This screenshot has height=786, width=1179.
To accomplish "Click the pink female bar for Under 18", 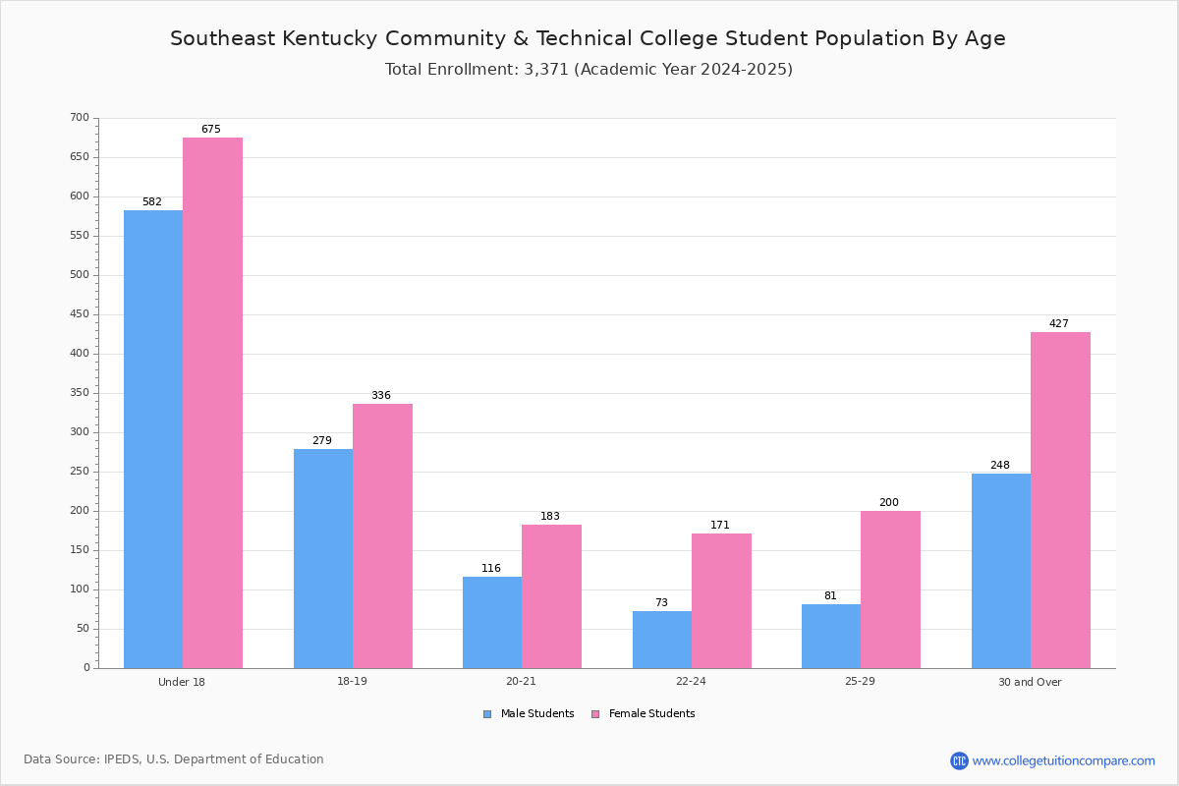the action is click(212, 403).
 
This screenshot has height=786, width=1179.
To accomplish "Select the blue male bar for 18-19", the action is click(323, 559).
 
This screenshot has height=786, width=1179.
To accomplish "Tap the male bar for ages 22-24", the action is click(662, 640).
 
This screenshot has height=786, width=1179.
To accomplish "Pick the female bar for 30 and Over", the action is click(1060, 500).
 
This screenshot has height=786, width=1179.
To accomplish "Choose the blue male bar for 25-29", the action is click(831, 637).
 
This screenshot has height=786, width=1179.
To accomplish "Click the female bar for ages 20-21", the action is click(551, 596).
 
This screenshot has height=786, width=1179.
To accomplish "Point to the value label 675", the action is click(211, 129).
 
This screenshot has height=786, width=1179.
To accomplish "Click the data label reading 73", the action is click(661, 602).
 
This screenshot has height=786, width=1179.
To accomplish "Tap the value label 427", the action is click(1059, 323).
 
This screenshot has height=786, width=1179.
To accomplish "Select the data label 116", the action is click(491, 568).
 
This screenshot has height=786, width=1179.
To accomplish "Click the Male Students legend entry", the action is click(529, 714).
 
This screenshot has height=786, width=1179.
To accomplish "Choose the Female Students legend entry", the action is click(644, 714).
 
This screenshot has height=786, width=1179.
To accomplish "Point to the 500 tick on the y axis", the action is click(80, 275).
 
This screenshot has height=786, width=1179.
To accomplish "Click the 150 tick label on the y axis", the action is click(80, 550).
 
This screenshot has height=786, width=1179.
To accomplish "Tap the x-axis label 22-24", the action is click(691, 681).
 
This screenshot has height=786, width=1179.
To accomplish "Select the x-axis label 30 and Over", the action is click(1030, 682).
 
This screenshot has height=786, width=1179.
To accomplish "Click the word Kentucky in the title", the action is click(330, 38).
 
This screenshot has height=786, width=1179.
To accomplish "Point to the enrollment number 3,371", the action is click(546, 70).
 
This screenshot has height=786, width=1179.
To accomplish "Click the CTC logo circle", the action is click(959, 760).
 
